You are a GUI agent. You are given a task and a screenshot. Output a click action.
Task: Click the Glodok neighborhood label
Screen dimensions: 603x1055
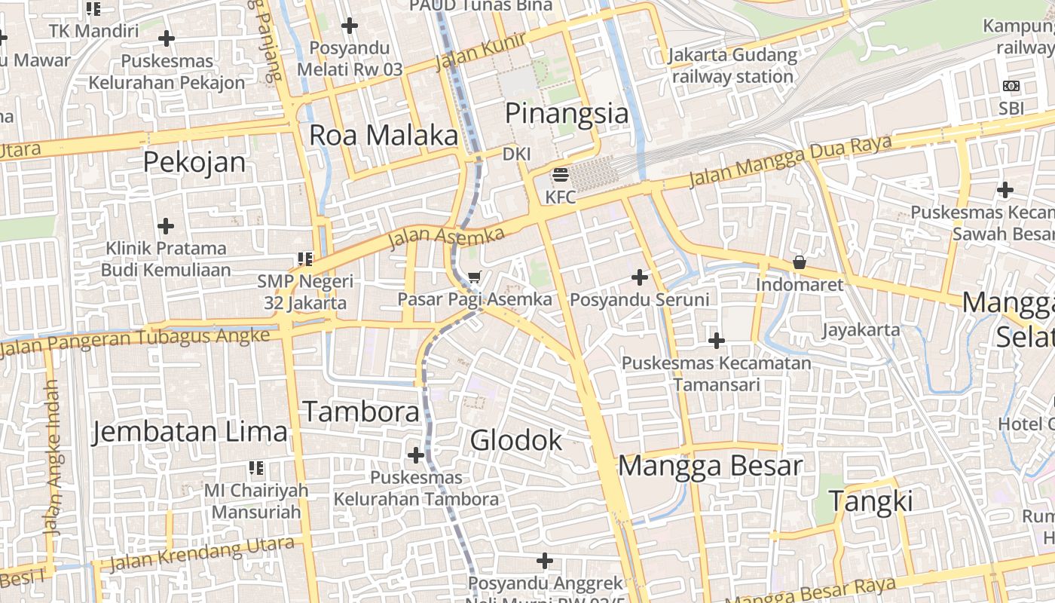(516, 440)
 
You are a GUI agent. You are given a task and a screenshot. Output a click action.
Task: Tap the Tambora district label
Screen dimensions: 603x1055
(361, 412)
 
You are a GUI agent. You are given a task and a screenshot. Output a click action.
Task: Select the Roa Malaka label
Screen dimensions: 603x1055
(384, 136)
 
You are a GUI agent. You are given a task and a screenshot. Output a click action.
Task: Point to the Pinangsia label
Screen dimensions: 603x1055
(566, 114)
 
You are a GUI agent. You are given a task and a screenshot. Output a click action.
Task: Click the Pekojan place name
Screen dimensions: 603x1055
(194, 162)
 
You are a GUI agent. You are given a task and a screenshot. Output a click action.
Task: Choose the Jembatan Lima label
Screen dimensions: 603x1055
(190, 433)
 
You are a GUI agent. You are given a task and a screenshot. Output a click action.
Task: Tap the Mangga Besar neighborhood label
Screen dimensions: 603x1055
(710, 467)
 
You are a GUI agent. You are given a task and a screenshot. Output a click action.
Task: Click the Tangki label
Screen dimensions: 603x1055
(871, 501)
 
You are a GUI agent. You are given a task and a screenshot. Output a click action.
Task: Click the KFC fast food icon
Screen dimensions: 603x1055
(560, 176)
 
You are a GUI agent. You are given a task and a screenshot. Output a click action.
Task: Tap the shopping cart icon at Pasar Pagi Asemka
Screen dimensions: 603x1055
(474, 277)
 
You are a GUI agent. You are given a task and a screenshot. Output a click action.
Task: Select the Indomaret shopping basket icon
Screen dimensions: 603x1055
(799, 263)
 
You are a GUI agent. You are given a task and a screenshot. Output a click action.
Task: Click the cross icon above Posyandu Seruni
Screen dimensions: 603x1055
(640, 277)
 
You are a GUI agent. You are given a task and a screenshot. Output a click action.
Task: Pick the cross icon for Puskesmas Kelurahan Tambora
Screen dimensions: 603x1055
(415, 455)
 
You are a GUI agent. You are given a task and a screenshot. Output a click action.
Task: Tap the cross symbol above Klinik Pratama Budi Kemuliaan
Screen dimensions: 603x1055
(166, 225)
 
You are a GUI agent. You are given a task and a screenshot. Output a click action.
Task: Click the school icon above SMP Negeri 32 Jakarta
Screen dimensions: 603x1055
(305, 259)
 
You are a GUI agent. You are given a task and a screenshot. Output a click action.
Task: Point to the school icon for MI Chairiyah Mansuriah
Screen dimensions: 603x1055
(256, 468)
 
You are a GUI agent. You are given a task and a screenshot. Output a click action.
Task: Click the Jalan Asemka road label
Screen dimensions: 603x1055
(446, 237)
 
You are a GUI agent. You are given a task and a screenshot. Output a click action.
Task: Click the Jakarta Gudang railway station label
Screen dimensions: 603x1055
(732, 66)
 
